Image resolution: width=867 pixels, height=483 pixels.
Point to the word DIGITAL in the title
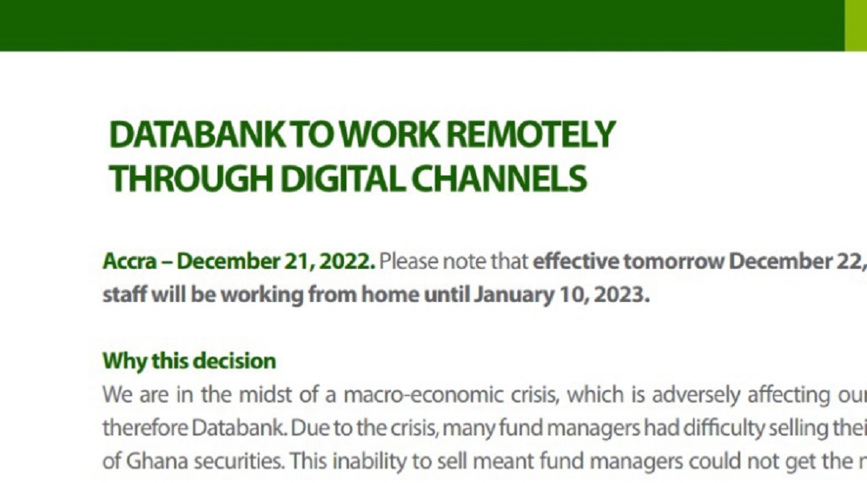click(x=342, y=179)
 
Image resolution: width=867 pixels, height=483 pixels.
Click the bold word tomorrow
click(x=674, y=261)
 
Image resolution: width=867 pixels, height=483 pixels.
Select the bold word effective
click(x=575, y=261)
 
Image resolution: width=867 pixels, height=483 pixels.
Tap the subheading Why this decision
click(x=189, y=361)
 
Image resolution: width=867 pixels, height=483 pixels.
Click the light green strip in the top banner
click(x=856, y=26)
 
